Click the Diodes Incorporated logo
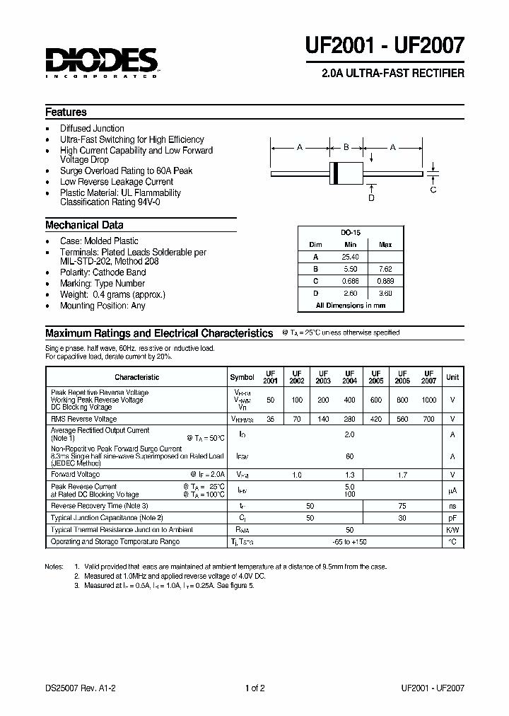click(102, 62)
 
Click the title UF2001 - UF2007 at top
click(385, 47)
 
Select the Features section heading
click(66, 112)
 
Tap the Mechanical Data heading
click(84, 225)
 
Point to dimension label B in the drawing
click(346, 147)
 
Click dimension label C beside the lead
click(433, 190)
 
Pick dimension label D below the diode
click(371, 198)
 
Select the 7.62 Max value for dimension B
click(385, 270)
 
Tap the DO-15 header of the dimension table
click(350, 232)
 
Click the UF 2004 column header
click(349, 376)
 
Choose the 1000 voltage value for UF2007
click(429, 400)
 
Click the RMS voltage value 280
click(349, 419)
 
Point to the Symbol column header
click(242, 377)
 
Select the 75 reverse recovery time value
click(402, 506)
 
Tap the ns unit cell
click(452, 506)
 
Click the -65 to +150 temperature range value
click(350, 541)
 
